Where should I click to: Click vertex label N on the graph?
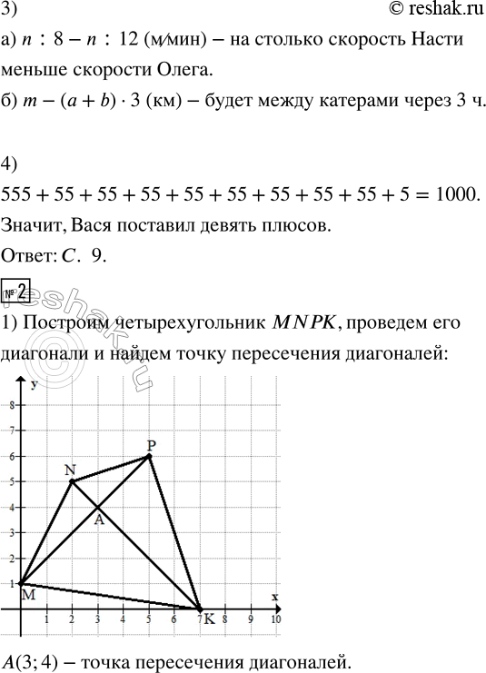click(70, 469)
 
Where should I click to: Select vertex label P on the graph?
click(151, 445)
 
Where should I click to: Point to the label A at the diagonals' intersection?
click(99, 521)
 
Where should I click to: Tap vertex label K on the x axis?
click(210, 619)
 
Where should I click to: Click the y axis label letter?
click(33, 387)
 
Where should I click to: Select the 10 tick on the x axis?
click(277, 618)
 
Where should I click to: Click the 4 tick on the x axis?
click(123, 618)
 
